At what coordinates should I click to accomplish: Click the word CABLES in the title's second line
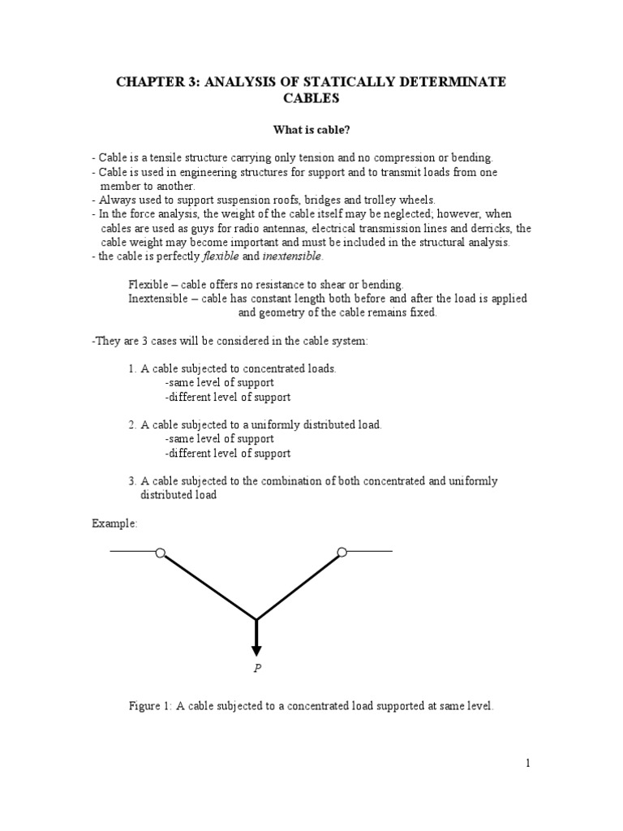[x=311, y=99]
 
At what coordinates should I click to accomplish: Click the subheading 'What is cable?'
[x=311, y=129]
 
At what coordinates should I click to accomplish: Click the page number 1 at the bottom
[x=527, y=762]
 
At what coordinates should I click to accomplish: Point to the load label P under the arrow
[x=256, y=668]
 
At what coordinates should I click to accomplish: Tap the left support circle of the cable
[x=160, y=553]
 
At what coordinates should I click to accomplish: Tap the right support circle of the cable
[x=342, y=553]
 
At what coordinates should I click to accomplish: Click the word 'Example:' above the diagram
[x=114, y=523]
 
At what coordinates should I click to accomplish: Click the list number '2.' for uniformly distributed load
[x=133, y=424]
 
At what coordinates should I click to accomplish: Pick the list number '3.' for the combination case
[x=133, y=481]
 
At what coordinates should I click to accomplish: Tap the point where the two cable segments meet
[x=256, y=619]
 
